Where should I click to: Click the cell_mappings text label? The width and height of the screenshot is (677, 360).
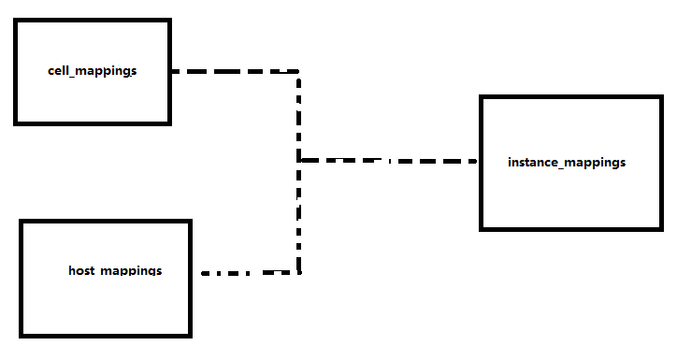[93, 71]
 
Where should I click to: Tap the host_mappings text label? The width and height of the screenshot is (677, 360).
[115, 271]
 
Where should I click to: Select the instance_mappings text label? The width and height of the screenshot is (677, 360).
[567, 163]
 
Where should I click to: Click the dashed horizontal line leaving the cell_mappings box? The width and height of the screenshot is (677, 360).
[234, 71]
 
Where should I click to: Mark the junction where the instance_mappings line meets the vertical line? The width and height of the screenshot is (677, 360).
[299, 161]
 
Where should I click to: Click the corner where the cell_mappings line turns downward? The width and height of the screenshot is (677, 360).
[298, 72]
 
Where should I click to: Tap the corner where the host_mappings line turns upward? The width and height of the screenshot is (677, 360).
[299, 272]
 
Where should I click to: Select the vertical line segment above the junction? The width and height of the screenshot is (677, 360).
[299, 117]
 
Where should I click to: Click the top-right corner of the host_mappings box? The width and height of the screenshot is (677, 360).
[190, 223]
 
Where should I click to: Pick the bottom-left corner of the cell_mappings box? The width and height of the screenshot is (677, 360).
[16, 122]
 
